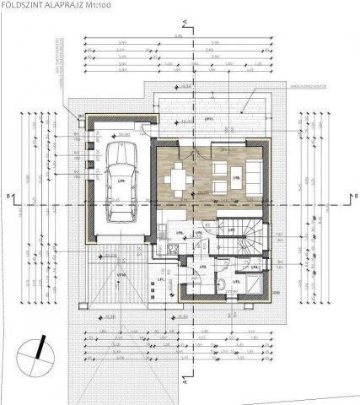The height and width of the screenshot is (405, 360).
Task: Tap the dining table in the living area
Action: tap(178, 179)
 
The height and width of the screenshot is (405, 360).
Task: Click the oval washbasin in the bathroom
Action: tap(221, 285)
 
